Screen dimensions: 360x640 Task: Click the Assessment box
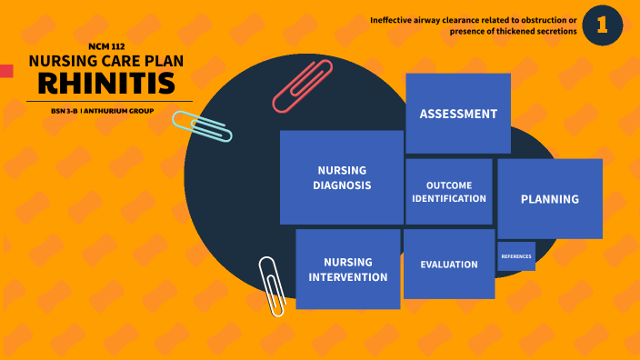tap(457, 114)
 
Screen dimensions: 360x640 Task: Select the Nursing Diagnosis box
tap(342, 177)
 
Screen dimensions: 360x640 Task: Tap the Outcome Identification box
tap(449, 192)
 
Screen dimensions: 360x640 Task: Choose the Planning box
tap(549, 199)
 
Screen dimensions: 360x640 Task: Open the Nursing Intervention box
tap(348, 269)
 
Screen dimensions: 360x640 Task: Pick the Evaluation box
tap(449, 265)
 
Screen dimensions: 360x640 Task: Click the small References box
tap(516, 256)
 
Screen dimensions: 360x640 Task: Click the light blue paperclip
tap(202, 126)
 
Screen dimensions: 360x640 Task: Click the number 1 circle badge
tap(602, 25)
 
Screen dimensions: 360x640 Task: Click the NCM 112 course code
tap(107, 45)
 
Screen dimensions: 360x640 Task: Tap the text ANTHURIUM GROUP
tap(119, 111)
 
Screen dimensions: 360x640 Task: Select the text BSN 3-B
tap(64, 111)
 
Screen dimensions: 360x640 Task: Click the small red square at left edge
tap(5, 71)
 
